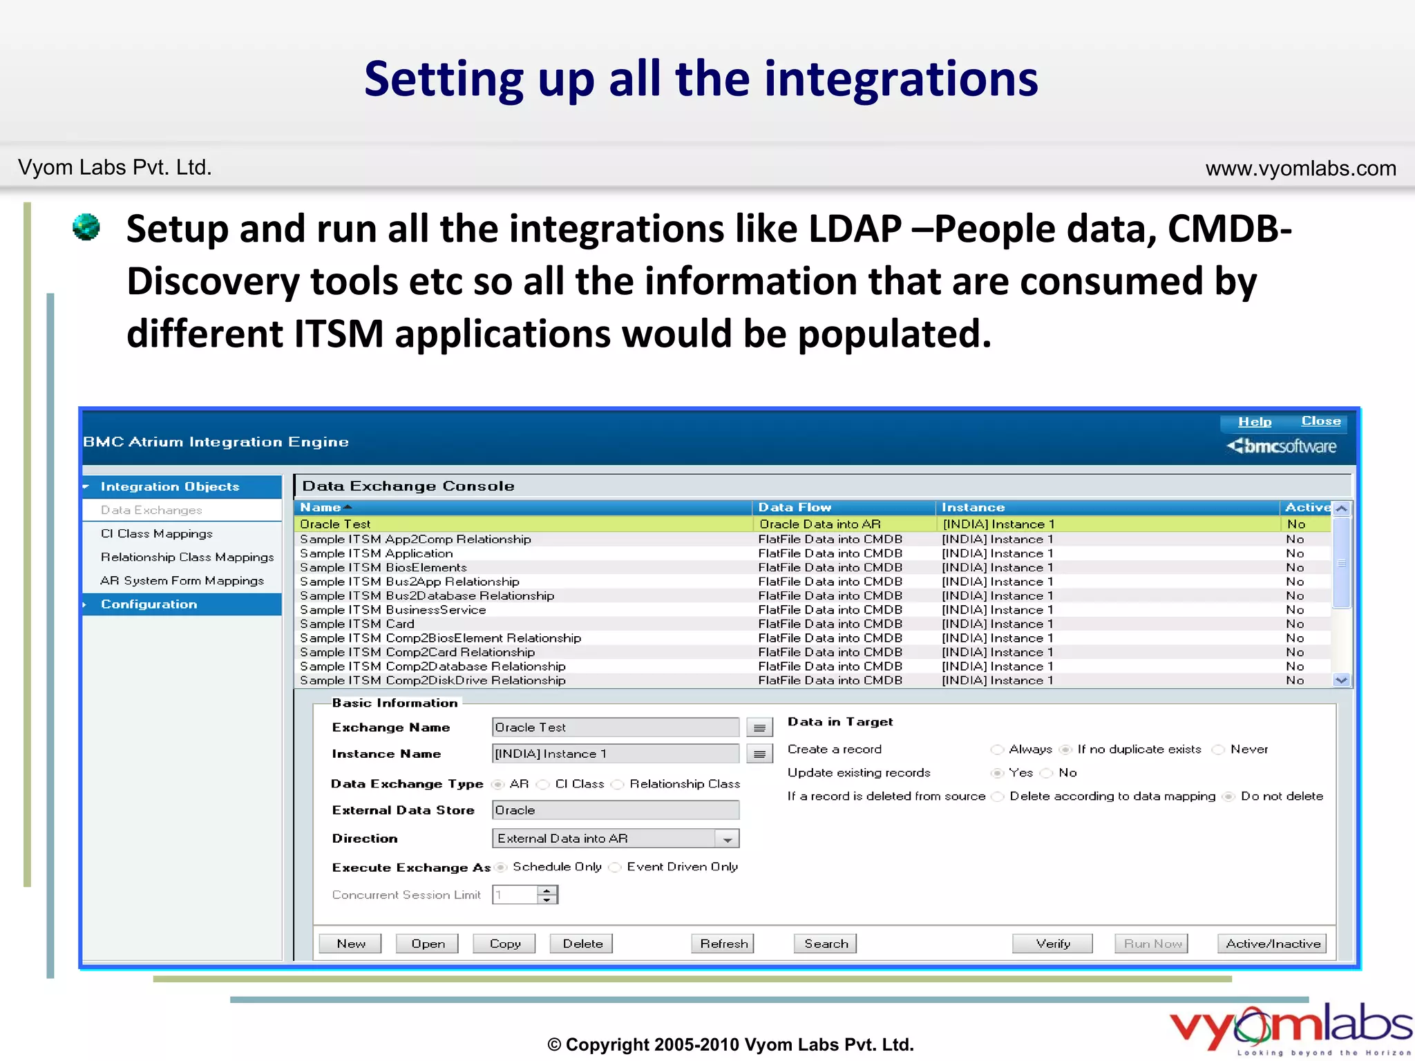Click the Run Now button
pos(1151,944)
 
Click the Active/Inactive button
pos(1272,944)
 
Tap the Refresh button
pos(723,944)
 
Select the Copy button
pos(504,944)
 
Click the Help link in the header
pos(1254,421)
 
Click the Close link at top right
pos(1320,421)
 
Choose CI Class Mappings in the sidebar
pos(156,533)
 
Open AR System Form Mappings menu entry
pos(182,580)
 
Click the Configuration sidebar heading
pos(149,604)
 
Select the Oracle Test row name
pos(335,524)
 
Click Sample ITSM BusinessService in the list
pos(392,609)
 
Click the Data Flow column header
pos(795,507)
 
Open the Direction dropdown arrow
pos(728,839)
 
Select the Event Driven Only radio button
pos(615,868)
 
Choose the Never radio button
pos(1219,749)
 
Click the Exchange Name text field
pos(615,727)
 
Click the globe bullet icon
pos(86,227)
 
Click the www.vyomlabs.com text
pos(1300,168)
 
